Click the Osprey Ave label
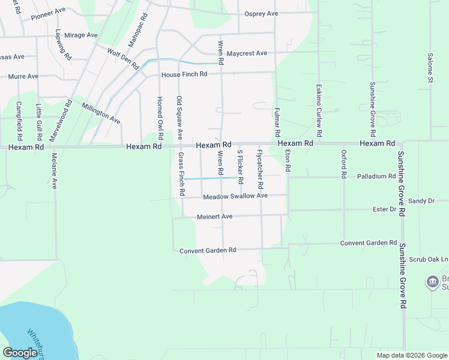click(261, 14)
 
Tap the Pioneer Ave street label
click(48, 12)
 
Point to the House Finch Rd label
click(184, 74)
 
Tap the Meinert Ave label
click(214, 217)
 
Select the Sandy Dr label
click(421, 200)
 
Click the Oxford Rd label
click(344, 164)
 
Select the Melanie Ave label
click(54, 170)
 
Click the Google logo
click(20, 353)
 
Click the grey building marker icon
click(432, 282)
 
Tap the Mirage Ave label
click(80, 35)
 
